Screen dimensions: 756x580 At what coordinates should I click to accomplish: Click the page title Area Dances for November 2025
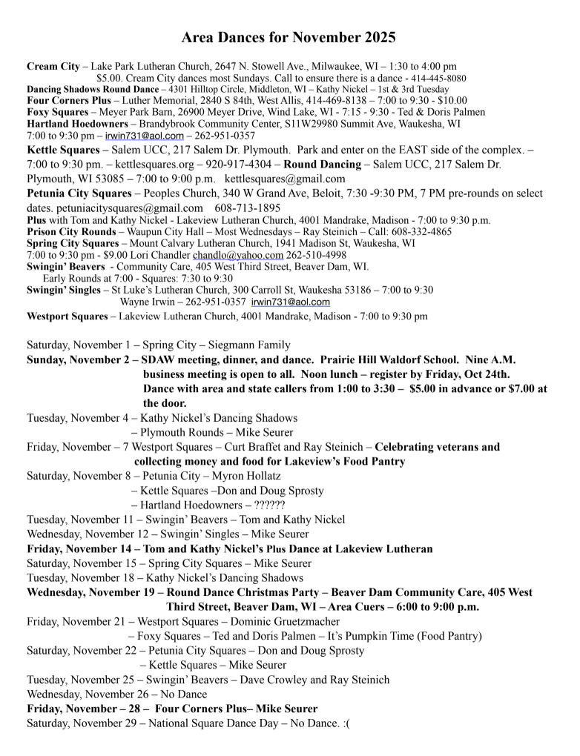click(x=289, y=37)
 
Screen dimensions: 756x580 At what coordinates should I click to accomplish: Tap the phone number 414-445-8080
click(x=438, y=78)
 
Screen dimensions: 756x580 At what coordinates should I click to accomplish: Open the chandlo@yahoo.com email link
click(x=238, y=254)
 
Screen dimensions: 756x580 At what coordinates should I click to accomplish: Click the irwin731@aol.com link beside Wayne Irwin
click(x=291, y=302)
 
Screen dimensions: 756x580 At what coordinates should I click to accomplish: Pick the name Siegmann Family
click(x=249, y=345)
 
